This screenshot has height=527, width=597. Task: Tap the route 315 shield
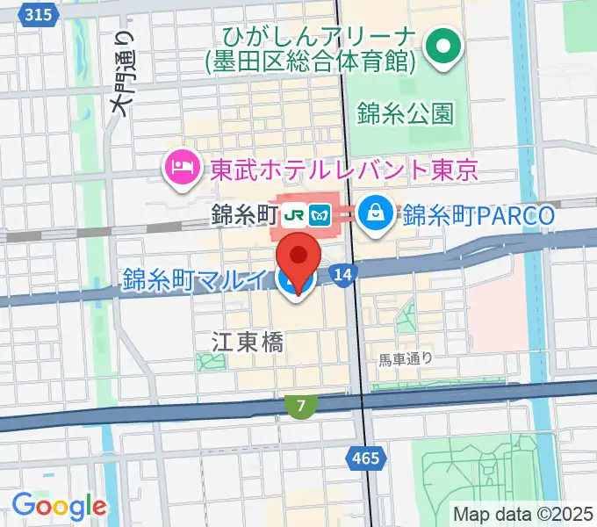(38, 15)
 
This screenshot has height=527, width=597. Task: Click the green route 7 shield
(301, 406)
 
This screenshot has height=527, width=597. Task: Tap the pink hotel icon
(182, 167)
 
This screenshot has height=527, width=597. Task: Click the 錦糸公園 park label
(406, 112)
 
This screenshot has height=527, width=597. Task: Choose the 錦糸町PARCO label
(479, 214)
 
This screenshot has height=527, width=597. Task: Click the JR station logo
(297, 214)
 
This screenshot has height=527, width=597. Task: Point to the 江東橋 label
(248, 343)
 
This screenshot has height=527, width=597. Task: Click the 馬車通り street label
(406, 358)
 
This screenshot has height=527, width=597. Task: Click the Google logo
(59, 506)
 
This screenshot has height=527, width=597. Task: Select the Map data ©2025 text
(524, 513)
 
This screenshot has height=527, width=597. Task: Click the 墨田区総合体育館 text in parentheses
(306, 61)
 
